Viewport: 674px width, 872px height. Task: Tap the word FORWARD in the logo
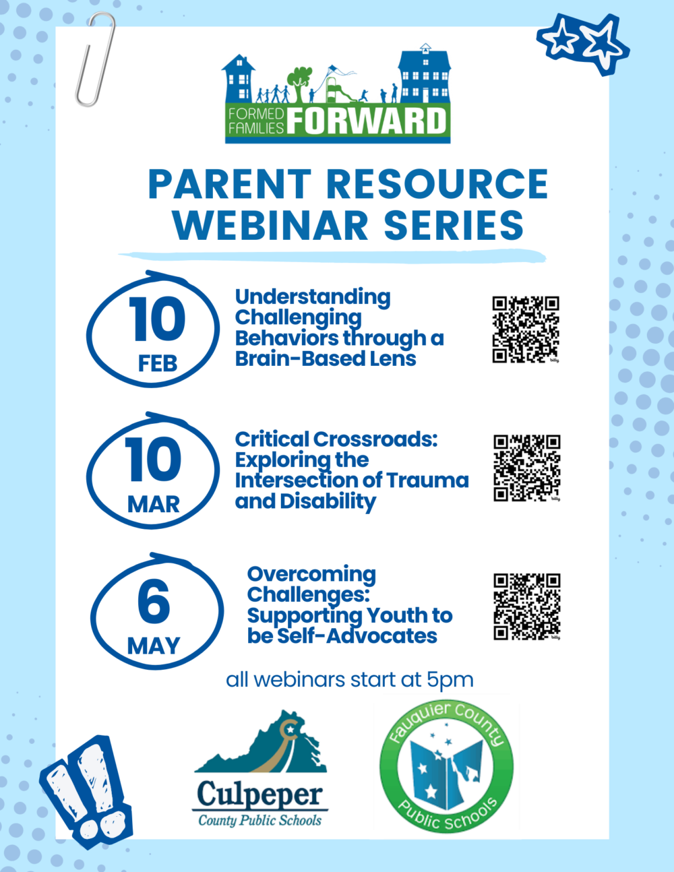(x=367, y=121)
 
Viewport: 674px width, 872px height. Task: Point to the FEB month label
(x=158, y=364)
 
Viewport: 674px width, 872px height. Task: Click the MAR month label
(x=153, y=505)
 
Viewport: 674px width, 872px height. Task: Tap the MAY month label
(x=153, y=646)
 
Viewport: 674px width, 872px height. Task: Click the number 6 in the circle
(x=154, y=602)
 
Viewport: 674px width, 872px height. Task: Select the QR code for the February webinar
(x=526, y=330)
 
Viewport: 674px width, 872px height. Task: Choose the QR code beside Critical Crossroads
(x=527, y=468)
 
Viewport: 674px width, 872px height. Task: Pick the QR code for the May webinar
(x=527, y=606)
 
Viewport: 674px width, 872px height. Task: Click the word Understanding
(x=313, y=298)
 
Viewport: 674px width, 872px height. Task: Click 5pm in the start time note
(x=450, y=680)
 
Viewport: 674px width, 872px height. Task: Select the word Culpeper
(x=260, y=794)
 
